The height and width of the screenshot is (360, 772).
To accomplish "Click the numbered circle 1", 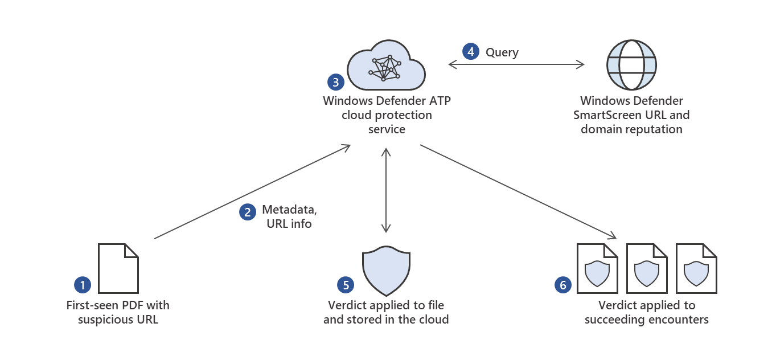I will (83, 284).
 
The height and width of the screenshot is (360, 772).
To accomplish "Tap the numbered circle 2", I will (247, 212).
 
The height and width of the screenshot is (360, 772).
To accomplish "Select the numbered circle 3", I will (336, 82).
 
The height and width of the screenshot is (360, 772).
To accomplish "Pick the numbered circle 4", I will (470, 52).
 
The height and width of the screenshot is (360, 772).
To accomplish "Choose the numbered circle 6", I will (563, 285).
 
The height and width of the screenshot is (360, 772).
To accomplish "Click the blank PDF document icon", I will (118, 268).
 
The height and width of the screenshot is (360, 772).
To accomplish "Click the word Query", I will (502, 52).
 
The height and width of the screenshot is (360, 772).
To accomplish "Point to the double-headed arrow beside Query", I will (516, 64).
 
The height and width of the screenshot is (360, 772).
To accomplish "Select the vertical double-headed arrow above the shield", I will (387, 190).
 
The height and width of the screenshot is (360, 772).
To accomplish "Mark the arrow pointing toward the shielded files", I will (518, 191).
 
